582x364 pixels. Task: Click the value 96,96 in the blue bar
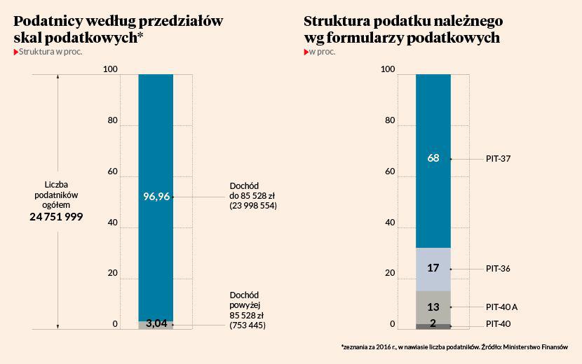pos(156,197)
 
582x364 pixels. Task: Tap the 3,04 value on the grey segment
pos(156,323)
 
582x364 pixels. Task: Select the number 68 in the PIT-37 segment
pos(433,158)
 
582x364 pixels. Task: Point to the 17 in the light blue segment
pos(433,268)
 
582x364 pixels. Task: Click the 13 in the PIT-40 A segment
pos(433,307)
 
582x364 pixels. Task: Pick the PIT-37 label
pos(498,159)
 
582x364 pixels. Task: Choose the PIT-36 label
pos(498,268)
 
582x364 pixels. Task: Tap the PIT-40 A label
pos(501,307)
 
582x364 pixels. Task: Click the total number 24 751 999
pos(56,217)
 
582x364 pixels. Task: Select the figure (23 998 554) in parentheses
pos(253,207)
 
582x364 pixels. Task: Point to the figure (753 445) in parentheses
pos(248,325)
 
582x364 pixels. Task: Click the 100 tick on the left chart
pos(110,69)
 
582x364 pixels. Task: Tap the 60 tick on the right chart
pos(391,171)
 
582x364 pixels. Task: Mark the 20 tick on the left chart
pos(113,274)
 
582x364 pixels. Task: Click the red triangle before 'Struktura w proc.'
pos(16,52)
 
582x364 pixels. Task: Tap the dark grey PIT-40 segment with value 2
pos(433,325)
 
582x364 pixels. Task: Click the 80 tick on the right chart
pos(391,120)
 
